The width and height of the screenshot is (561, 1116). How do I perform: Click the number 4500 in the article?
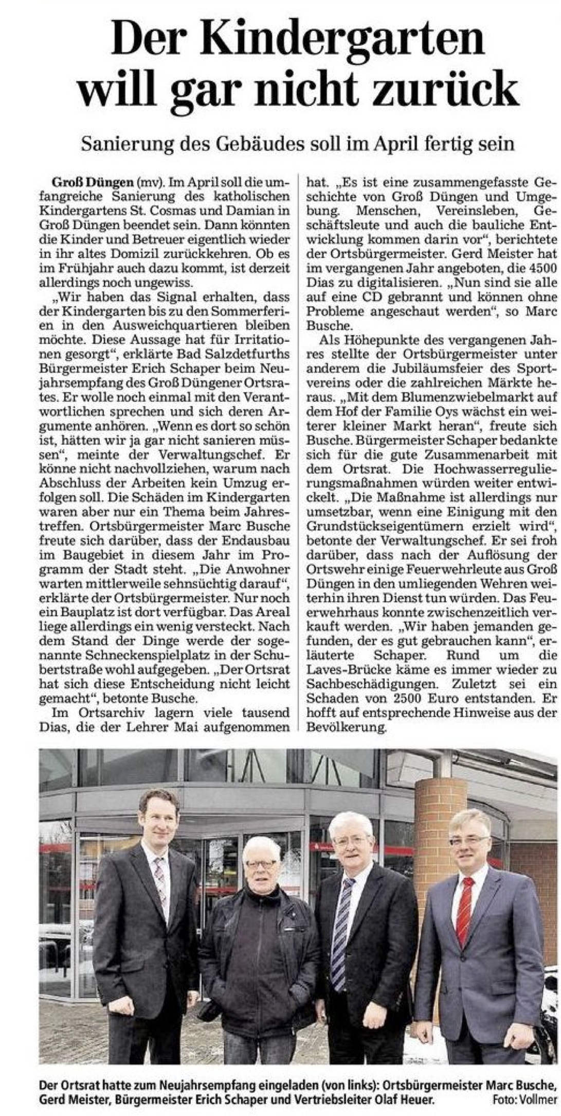click(540, 268)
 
